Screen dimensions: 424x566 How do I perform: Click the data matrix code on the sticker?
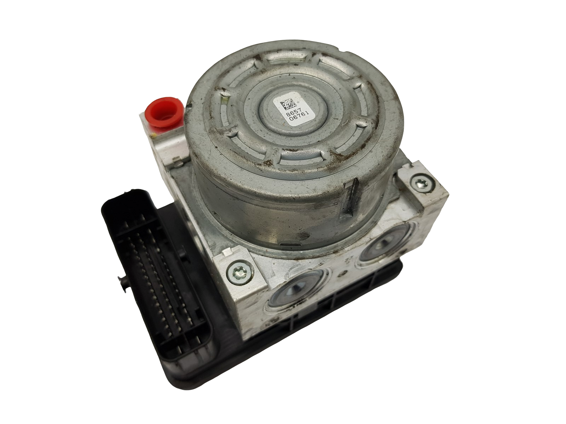[x=287, y=103]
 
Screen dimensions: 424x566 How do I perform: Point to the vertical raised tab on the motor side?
[x=349, y=198]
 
